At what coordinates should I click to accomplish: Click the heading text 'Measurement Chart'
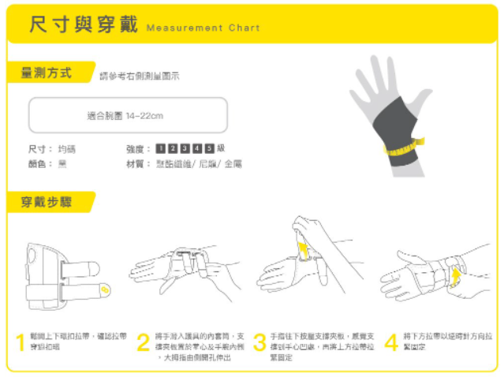click(203, 28)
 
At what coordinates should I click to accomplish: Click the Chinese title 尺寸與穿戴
click(81, 25)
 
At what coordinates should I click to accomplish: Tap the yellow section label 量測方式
click(46, 73)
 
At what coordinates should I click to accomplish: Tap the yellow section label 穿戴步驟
click(46, 203)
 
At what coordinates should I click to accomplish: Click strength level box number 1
click(160, 148)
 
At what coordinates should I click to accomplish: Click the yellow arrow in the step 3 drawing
click(302, 250)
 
